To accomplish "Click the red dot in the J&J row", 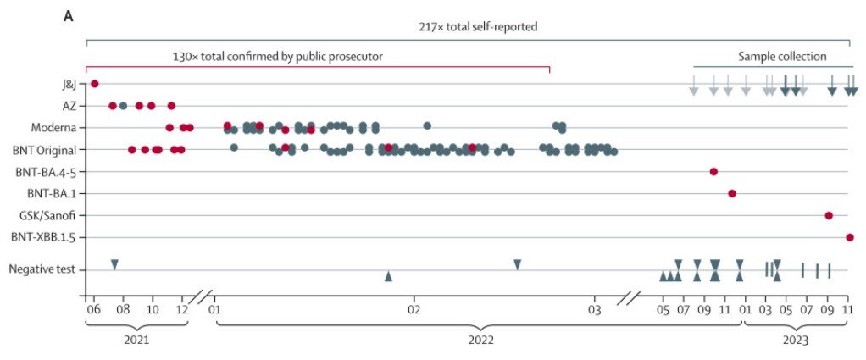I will point(95,83).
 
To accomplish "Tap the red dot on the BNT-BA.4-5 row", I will point(713,172).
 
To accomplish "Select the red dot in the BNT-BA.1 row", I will point(732,193).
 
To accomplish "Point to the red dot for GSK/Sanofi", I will point(829,215).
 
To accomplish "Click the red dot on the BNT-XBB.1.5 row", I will point(850,237).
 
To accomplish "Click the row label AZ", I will point(69,106).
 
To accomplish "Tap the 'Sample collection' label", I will point(782,57).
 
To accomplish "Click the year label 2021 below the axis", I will point(136,339).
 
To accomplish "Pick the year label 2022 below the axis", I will point(480,339).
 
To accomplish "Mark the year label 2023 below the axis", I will point(796,339).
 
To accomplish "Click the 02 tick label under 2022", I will point(415,309).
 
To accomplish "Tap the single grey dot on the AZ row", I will point(124,106).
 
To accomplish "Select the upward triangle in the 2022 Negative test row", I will point(388,276).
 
